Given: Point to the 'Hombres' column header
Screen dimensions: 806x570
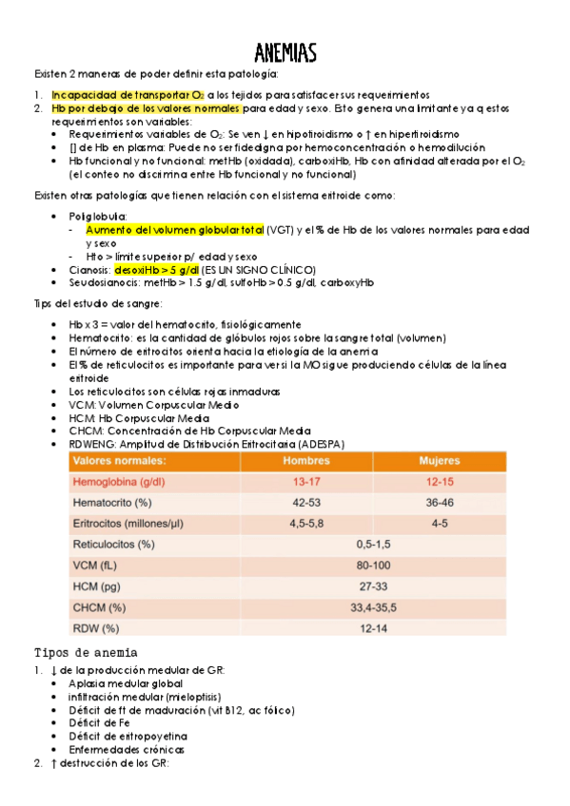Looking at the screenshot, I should [x=306, y=461].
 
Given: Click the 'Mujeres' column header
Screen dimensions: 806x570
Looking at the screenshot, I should [x=439, y=461].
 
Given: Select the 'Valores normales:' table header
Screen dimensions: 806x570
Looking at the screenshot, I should [x=119, y=461].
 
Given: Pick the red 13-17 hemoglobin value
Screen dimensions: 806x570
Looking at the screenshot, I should [x=306, y=482].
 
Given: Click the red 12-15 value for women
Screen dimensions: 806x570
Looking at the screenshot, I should [x=439, y=482].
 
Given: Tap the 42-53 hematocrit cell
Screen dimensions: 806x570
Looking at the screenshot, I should [x=306, y=502].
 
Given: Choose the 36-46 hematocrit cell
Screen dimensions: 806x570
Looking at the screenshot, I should [x=439, y=502].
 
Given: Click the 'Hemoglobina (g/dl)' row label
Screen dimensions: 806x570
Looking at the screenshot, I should [x=120, y=482].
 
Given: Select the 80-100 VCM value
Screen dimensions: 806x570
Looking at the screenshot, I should [x=373, y=566].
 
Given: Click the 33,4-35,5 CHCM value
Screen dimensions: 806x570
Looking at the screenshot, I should [x=373, y=607].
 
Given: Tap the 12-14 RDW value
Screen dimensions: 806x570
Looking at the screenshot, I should [x=373, y=628].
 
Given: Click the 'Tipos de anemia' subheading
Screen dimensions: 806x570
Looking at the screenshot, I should [x=86, y=653].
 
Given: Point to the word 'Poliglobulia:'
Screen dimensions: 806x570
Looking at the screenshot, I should [x=98, y=217].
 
